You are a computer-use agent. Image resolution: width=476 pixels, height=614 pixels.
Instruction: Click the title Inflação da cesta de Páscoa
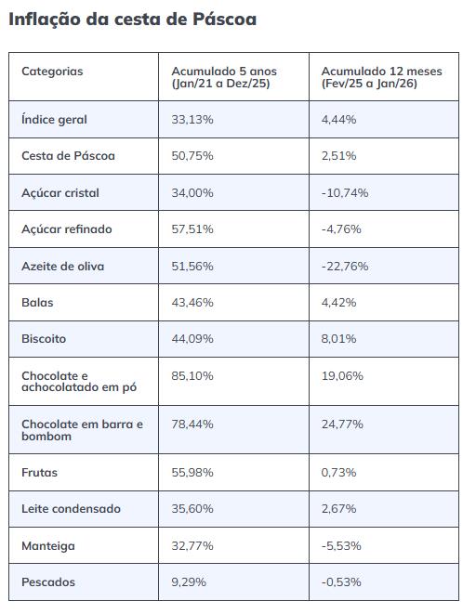pyautogui.click(x=132, y=19)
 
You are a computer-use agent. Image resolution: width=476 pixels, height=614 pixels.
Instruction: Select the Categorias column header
pyautogui.click(x=52, y=72)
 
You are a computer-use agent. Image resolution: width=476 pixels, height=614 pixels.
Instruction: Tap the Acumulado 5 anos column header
pyautogui.click(x=224, y=77)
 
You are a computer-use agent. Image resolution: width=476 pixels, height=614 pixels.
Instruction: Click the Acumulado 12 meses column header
pyautogui.click(x=381, y=77)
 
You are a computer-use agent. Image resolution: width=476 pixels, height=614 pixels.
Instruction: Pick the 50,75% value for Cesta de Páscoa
pyautogui.click(x=192, y=156)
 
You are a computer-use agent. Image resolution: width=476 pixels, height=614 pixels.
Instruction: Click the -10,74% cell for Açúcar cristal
pyautogui.click(x=345, y=193)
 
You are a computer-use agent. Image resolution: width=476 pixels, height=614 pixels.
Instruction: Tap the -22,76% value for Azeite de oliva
pyautogui.click(x=345, y=267)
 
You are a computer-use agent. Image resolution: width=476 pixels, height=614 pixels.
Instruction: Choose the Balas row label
pyautogui.click(x=37, y=303)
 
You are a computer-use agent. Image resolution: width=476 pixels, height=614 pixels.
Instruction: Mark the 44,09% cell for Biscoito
pyautogui.click(x=192, y=339)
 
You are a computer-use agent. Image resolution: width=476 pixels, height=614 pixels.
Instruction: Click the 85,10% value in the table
pyautogui.click(x=192, y=376)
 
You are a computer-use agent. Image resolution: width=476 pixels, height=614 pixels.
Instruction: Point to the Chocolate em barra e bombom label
pyautogui.click(x=82, y=430)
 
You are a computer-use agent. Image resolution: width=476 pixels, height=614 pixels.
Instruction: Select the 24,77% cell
pyautogui.click(x=344, y=425)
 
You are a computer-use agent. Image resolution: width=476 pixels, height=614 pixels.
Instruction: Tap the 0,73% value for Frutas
pyautogui.click(x=338, y=473)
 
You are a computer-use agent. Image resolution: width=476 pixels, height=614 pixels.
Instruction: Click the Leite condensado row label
pyautogui.click(x=71, y=509)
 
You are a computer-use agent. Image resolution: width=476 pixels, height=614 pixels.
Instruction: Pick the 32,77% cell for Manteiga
pyautogui.click(x=192, y=546)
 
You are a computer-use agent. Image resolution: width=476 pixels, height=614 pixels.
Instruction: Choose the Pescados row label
pyautogui.click(x=48, y=582)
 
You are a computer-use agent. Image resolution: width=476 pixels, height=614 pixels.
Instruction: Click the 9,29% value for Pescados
pyautogui.click(x=189, y=582)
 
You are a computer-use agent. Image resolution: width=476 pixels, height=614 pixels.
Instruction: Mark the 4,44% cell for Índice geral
pyautogui.click(x=339, y=120)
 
